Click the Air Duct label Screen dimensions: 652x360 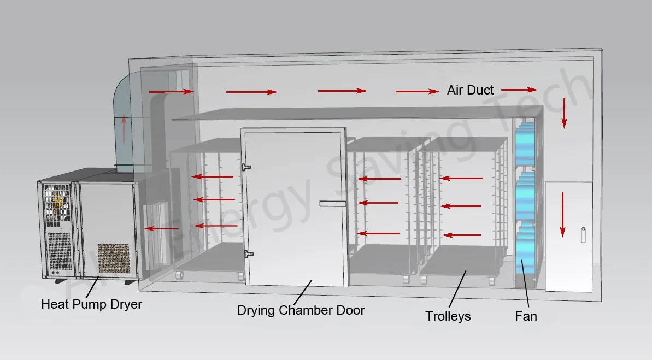[x=470, y=90]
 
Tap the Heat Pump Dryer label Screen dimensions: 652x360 [x=91, y=304]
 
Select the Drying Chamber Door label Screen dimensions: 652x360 [x=301, y=310]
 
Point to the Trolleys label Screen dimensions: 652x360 [x=448, y=316]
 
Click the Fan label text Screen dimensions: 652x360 [x=526, y=316]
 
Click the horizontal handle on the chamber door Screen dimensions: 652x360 [x=333, y=204]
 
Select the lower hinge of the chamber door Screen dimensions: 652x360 [x=249, y=253]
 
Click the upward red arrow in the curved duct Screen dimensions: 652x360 [x=124, y=129]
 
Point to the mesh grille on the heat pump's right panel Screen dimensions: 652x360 [x=114, y=258]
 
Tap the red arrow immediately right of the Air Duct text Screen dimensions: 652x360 [x=519, y=89]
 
